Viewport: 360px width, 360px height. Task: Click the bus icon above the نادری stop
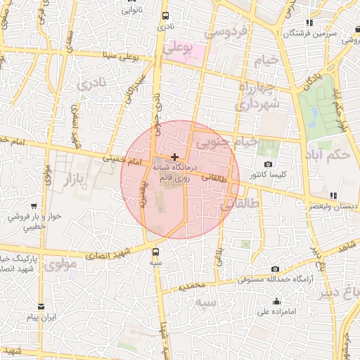point(165,15)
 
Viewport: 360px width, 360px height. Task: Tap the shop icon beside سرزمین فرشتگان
point(310,22)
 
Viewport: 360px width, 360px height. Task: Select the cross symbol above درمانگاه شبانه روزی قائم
point(174,156)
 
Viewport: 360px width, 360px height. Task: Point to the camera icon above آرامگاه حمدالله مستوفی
point(274,269)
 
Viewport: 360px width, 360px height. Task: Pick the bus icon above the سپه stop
point(155,251)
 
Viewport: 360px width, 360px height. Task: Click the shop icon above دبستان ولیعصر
point(333,195)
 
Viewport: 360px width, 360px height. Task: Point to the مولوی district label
point(60,265)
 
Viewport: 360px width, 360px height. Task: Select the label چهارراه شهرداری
point(257,96)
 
